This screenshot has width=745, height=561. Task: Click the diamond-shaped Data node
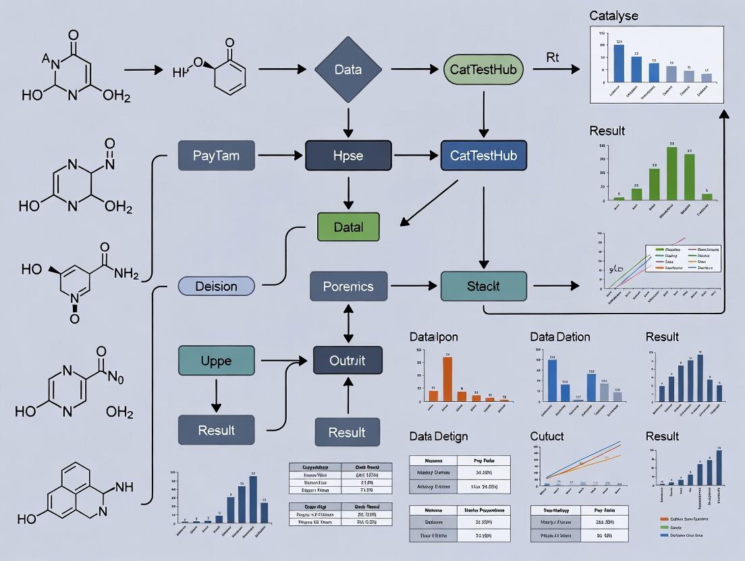[348, 69]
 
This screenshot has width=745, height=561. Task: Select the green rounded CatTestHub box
[482, 69]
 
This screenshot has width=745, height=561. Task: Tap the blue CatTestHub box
[482, 156]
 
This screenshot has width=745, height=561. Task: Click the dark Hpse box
[348, 156]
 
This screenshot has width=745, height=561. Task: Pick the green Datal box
[348, 227]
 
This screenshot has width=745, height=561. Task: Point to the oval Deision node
[216, 286]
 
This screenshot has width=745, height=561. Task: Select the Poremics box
[348, 286]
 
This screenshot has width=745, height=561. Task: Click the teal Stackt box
[483, 286]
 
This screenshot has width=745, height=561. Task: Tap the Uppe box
[216, 361]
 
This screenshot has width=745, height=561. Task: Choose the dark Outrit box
[348, 361]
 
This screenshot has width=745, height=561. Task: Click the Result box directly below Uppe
[216, 430]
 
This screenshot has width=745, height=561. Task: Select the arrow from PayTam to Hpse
[279, 156]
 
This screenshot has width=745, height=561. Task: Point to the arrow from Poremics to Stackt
[414, 286]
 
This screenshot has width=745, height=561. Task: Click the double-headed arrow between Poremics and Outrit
[348, 323]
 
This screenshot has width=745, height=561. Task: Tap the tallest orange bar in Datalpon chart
[447, 379]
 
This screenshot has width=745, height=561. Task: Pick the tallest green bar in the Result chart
[671, 173]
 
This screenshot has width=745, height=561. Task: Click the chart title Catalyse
[613, 15]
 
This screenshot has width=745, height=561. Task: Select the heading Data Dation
[560, 336]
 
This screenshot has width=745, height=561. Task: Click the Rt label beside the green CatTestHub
[552, 57]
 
